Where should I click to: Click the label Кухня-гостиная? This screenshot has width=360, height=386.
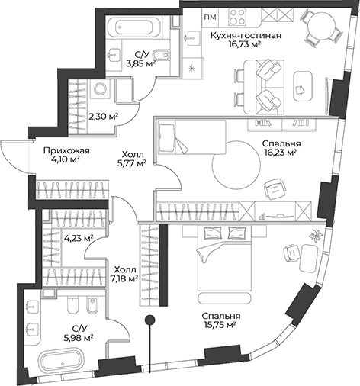[x=246, y=35]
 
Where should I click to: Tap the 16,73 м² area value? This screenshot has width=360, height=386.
[x=245, y=44]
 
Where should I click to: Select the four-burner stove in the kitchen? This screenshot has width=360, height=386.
[x=237, y=17]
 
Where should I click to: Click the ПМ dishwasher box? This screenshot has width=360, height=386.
[x=211, y=17]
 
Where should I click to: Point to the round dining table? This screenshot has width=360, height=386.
[x=322, y=27]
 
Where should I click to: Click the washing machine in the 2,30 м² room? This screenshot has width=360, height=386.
[x=100, y=89]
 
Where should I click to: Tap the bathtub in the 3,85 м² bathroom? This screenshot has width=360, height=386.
[x=133, y=27]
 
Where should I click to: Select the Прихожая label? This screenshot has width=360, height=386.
[x=66, y=150]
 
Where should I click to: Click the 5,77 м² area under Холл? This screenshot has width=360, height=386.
[x=132, y=163]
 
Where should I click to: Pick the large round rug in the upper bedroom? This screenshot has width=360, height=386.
[x=236, y=166]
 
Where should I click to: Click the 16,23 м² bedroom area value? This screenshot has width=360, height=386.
[x=281, y=153]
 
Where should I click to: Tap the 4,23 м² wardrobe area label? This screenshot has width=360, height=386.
[x=79, y=238]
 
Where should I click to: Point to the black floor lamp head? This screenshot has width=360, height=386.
[x=150, y=320]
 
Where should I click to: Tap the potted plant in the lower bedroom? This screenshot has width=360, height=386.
[x=316, y=236]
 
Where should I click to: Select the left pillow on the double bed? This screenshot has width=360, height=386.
[x=213, y=233]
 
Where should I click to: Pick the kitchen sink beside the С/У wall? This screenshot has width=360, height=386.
[x=192, y=38]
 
